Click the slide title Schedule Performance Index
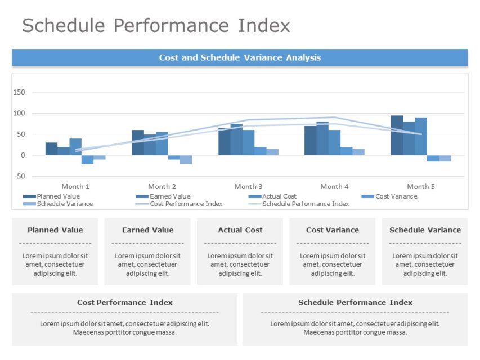pyautogui.click(x=156, y=26)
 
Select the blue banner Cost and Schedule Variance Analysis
pyautogui.click(x=240, y=57)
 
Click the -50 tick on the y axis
pyautogui.click(x=19, y=176)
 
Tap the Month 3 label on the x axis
pyautogui.click(x=248, y=186)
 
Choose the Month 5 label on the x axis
pyautogui.click(x=421, y=186)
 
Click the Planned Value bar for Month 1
pyautogui.click(x=51, y=149)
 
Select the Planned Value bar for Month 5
pyautogui.click(x=397, y=136)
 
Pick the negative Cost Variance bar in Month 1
pyautogui.click(x=87, y=160)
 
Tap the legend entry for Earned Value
pyautogui.click(x=169, y=196)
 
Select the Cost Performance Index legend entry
pyautogui.click(x=186, y=204)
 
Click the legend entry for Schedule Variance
pyautogui.click(x=64, y=204)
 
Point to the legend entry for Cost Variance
pyautogui.click(x=396, y=196)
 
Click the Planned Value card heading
pyautogui.click(x=55, y=230)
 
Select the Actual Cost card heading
pyautogui.click(x=240, y=230)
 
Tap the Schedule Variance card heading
pyautogui.click(x=425, y=230)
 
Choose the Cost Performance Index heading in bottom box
pyautogui.click(x=124, y=303)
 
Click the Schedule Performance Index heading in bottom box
pyautogui.click(x=355, y=303)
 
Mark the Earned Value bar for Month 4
pyautogui.click(x=322, y=138)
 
